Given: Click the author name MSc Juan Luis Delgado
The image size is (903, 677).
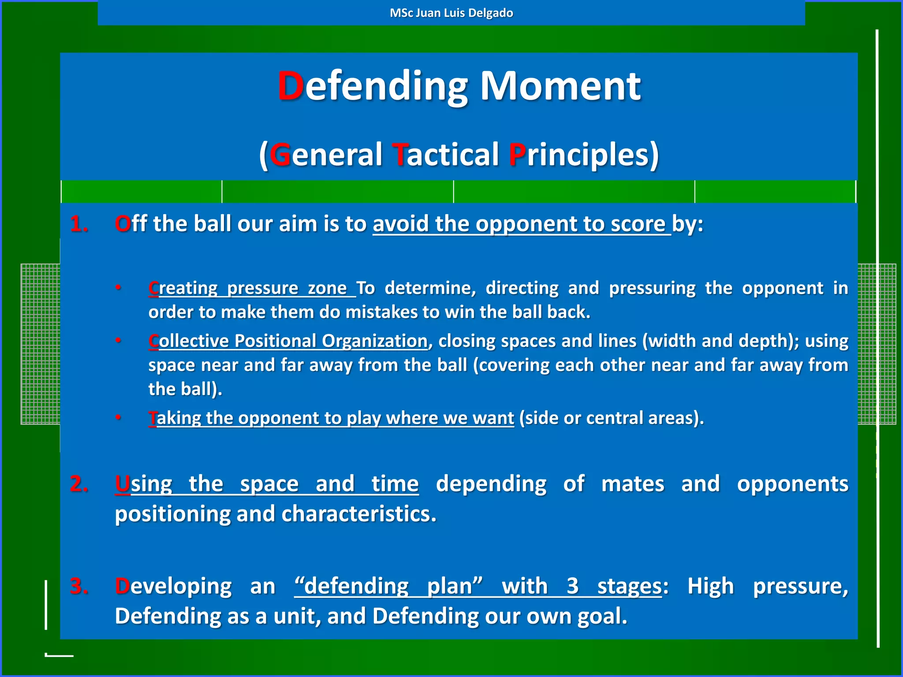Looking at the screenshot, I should point(451,13).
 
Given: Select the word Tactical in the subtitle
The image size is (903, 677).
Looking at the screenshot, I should point(446,155).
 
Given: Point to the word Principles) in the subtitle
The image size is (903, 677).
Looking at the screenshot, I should point(583,155).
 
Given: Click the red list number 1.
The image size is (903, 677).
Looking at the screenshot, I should point(79,224).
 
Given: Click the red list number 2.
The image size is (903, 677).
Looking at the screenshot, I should point(79,484).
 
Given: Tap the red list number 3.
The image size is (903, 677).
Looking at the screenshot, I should point(79,586).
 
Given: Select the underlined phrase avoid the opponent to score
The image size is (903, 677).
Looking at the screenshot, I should point(521,224).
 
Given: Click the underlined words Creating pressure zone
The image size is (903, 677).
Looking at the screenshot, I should point(251,288).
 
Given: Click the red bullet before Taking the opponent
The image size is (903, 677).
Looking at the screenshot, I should point(118,417).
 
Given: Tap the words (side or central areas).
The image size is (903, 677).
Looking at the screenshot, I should point(611,418).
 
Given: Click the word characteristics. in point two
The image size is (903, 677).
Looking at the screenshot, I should point(359,514).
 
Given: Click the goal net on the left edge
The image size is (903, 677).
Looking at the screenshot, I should point(40,344).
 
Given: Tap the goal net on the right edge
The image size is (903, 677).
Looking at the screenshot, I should point(877,344).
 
